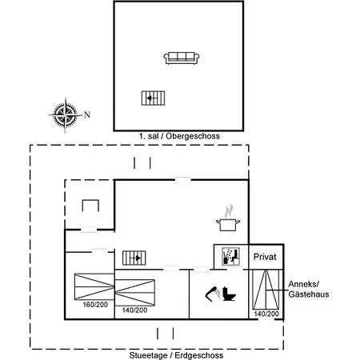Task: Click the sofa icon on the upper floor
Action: pos(182,58)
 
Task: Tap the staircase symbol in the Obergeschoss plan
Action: pos(152,98)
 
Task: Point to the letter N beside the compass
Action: pos(86,114)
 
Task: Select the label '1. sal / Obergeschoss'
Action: pos(178,137)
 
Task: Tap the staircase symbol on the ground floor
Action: pos(134,258)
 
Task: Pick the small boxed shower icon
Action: pos(230,256)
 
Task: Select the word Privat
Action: pos(265,257)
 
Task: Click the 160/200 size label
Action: pos(95,305)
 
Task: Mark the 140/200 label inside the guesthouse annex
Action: pos(266,314)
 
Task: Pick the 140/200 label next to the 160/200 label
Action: pos(134,309)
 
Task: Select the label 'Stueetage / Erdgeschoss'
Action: pos(176,354)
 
